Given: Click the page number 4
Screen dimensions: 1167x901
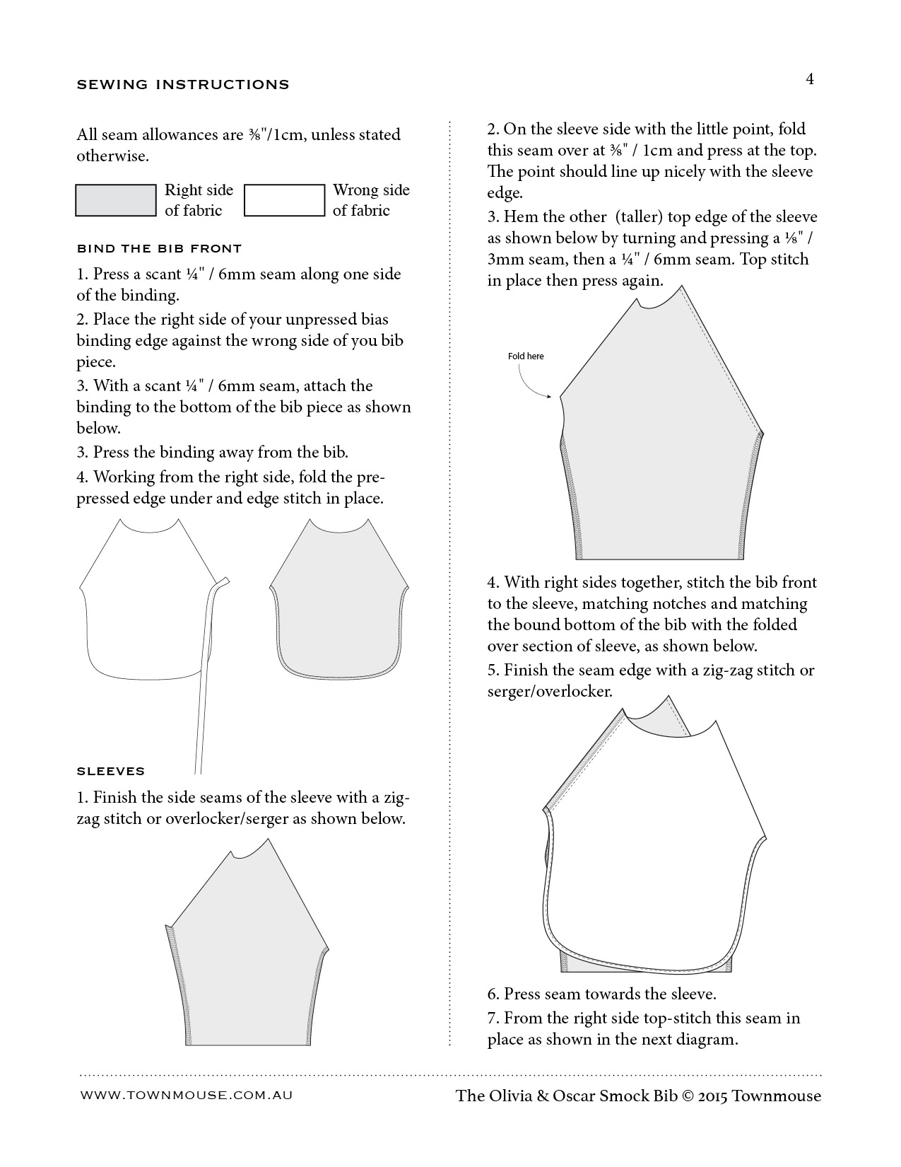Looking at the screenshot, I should click(x=810, y=79).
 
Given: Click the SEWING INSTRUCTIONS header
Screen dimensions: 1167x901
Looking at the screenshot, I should click(x=183, y=85).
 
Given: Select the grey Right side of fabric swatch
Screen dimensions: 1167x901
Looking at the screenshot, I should click(x=116, y=200).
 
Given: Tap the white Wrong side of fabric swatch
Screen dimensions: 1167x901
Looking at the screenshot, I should click(x=284, y=200).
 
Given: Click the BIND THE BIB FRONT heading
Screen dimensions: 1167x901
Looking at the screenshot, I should click(x=159, y=248).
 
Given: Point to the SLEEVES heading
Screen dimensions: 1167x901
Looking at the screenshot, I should click(x=110, y=771).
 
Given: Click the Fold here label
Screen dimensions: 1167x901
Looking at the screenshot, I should click(x=526, y=356).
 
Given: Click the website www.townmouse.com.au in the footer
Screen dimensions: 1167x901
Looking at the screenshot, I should click(x=187, y=1094).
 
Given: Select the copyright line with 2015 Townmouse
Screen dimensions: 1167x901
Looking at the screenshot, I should click(x=638, y=1096).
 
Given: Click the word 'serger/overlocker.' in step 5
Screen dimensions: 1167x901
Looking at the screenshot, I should click(x=550, y=691).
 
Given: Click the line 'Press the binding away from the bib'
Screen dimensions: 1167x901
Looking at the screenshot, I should click(x=220, y=452).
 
